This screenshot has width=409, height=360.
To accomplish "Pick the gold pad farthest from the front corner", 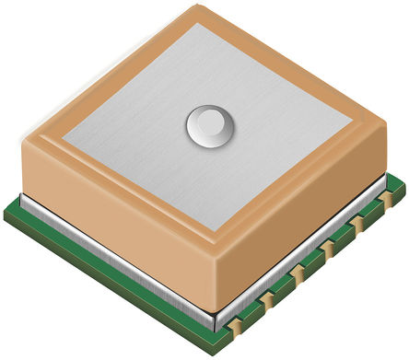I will click(389, 196).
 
